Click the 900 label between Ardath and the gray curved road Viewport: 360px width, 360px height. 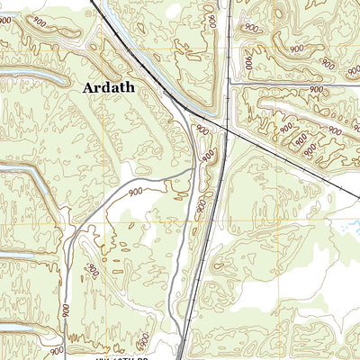pos(136,192)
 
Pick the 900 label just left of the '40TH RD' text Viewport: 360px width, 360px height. pos(56,350)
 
